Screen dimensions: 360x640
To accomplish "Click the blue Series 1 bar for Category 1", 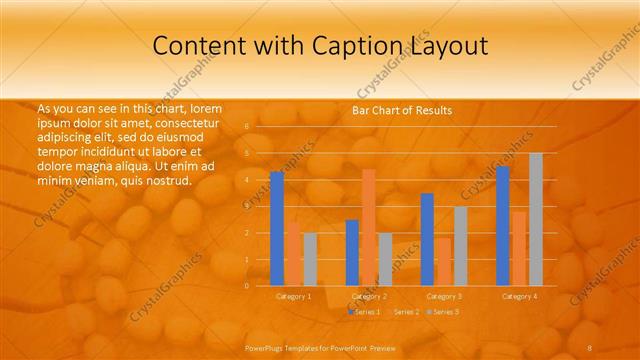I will coord(277,229).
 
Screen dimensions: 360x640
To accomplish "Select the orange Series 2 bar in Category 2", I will coord(368,227).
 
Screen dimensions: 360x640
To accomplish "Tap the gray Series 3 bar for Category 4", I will coord(535,219).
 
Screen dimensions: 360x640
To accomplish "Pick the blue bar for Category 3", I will coord(427,239).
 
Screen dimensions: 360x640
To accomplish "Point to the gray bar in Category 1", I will coord(310,259).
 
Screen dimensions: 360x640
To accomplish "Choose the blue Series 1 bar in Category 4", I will coord(503,226).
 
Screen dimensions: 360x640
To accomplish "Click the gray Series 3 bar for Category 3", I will coord(460,246).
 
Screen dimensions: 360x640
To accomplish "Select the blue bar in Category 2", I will coord(352,252).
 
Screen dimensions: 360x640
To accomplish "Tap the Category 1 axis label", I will coord(294,296).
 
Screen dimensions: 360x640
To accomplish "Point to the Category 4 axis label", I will coord(519,296).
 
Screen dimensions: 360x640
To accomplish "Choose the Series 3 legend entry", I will coord(443,312).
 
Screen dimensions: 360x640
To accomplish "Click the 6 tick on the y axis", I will coord(246,127).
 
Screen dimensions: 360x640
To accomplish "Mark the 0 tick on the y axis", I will coord(246,285).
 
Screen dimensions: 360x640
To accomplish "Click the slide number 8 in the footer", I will coord(590,346).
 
